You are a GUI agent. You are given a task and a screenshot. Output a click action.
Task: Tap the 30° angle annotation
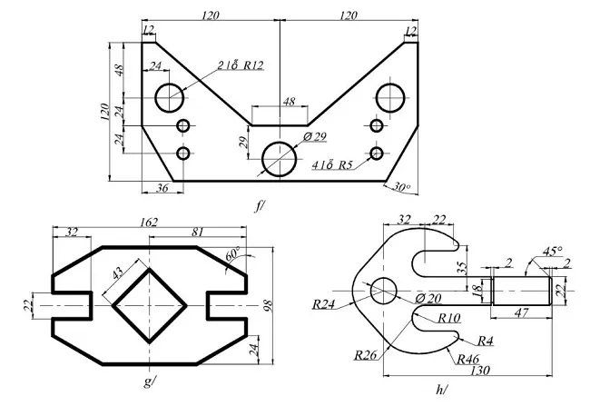click(401, 188)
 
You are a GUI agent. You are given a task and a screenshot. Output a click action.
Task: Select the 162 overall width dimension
click(149, 222)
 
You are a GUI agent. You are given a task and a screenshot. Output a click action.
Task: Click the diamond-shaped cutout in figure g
click(150, 306)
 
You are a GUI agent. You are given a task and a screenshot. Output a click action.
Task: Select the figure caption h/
click(441, 390)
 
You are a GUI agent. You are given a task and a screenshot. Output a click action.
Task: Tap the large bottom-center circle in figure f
click(280, 159)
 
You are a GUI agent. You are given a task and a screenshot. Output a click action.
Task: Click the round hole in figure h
click(384, 291)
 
